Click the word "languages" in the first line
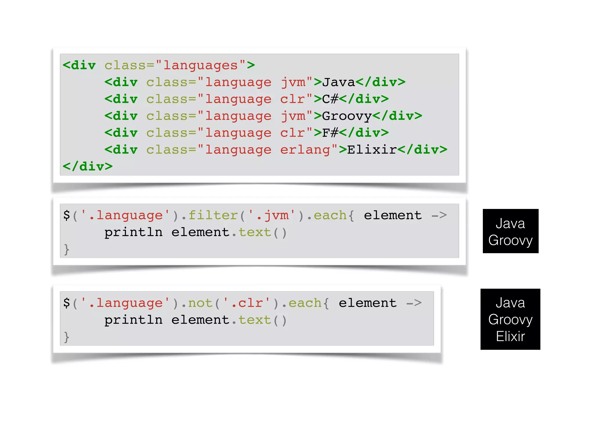click(200, 65)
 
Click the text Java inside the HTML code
click(338, 82)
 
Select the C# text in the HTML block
click(330, 99)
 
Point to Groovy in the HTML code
click(347, 116)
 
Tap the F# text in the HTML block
click(330, 133)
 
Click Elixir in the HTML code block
click(372, 150)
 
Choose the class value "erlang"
click(305, 150)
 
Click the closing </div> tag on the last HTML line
click(88, 166)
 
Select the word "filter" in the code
click(213, 216)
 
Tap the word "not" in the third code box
click(200, 304)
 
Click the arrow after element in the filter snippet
click(439, 216)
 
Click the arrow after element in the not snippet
click(414, 304)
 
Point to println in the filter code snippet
click(133, 233)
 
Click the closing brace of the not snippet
click(67, 337)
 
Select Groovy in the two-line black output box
click(510, 240)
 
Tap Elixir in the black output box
click(510, 336)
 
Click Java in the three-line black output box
click(510, 303)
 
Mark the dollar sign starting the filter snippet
click(67, 216)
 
